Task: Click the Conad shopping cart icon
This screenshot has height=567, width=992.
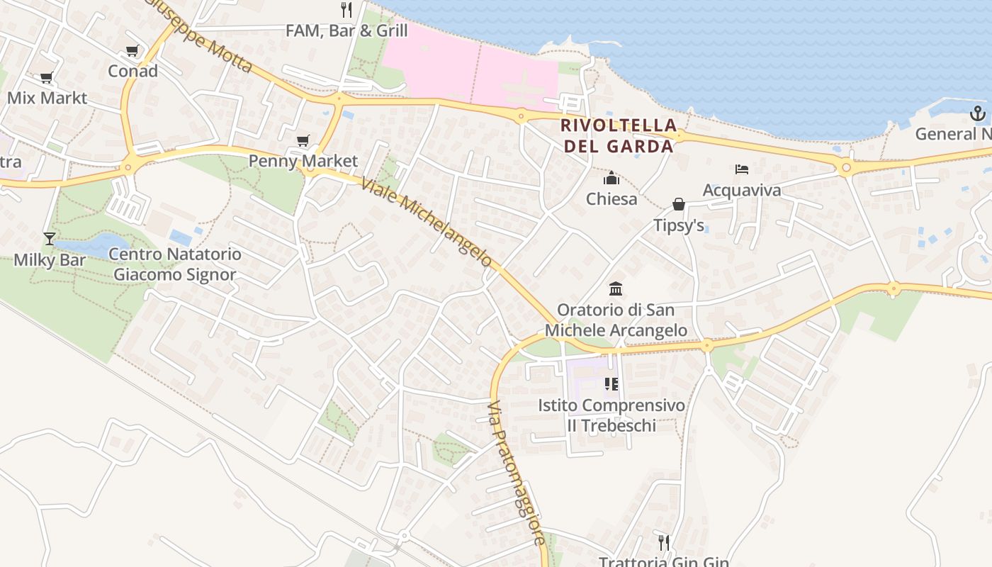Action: click(x=132, y=51)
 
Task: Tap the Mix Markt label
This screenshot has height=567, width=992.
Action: click(x=47, y=98)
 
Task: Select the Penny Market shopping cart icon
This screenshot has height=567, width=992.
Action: click(x=303, y=141)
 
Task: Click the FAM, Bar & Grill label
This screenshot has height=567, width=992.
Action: click(x=346, y=30)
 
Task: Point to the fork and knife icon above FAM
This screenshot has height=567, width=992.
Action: click(x=346, y=10)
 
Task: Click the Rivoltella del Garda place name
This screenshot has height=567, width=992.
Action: click(x=616, y=136)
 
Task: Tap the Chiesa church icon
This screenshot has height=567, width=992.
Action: click(x=611, y=178)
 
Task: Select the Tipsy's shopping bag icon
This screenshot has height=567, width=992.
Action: click(x=678, y=204)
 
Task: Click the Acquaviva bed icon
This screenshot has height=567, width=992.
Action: click(x=742, y=169)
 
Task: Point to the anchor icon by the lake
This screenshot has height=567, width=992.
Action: click(x=977, y=113)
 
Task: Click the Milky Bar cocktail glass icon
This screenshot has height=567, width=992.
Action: click(x=50, y=238)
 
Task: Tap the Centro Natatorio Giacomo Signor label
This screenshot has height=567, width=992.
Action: click(x=174, y=264)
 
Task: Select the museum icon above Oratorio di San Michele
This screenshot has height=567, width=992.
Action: click(x=616, y=289)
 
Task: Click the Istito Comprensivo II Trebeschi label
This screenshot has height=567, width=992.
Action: click(x=611, y=415)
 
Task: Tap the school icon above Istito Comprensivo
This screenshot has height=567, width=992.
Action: click(x=611, y=384)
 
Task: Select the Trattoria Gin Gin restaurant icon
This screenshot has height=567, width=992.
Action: click(x=663, y=543)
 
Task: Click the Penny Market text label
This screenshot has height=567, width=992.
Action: click(x=303, y=161)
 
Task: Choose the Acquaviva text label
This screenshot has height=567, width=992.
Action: click(x=742, y=190)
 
